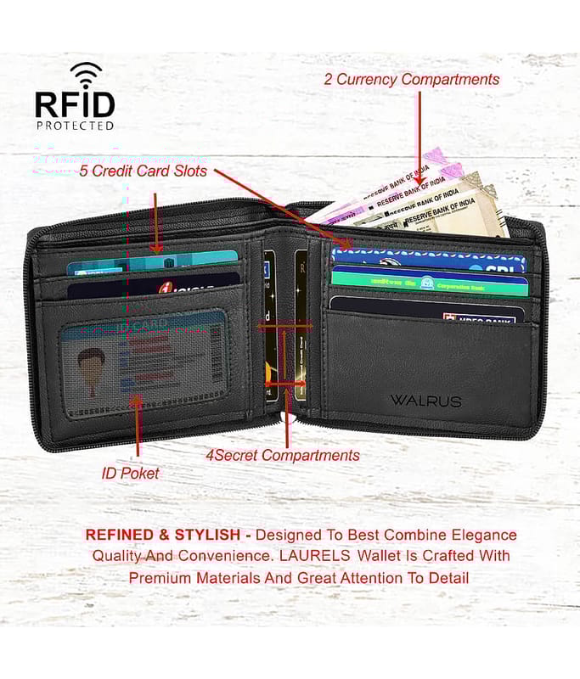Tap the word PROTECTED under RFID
75,126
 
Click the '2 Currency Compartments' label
412,79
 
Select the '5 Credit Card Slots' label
144,171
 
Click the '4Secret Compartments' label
283,455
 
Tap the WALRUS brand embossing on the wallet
425,400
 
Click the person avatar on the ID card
91,366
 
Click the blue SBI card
429,261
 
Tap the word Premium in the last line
159,578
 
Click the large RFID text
75,104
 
